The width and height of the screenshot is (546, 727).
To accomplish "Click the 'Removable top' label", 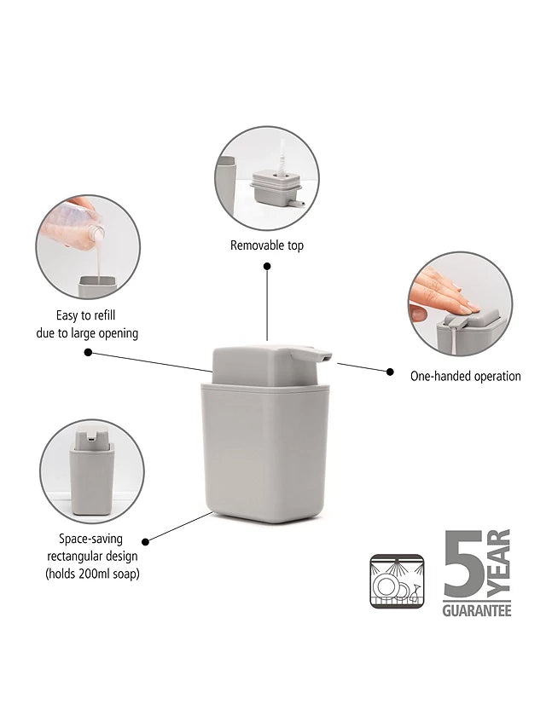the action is [267, 245].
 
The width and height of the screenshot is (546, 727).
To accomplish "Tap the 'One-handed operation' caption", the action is [465, 376].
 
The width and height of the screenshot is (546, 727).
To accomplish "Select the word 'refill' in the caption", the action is [103, 315].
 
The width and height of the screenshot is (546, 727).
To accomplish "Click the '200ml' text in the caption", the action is [93, 574].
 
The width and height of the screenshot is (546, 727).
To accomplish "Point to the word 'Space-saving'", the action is [91, 539].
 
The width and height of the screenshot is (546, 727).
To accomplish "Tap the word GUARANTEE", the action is [477, 610].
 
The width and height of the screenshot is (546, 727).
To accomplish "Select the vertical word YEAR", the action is [498, 563].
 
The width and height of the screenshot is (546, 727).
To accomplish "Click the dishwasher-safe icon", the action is [398, 581].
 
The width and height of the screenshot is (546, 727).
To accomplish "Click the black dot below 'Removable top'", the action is [267, 266].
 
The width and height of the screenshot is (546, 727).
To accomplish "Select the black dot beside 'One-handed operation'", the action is [390, 372].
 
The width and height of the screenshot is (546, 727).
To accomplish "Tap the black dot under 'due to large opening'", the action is [88, 352].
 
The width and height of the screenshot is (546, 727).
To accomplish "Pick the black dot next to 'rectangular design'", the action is [145, 541].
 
